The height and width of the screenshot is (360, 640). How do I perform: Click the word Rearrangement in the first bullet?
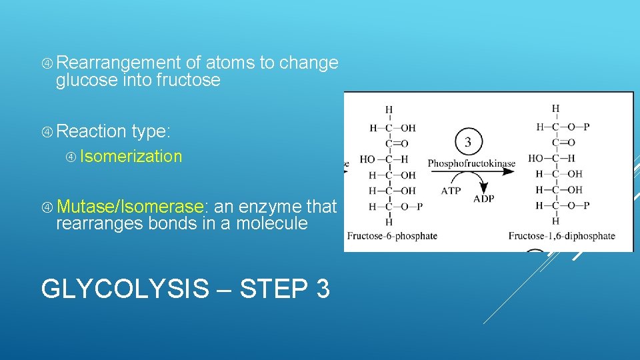click(x=119, y=63)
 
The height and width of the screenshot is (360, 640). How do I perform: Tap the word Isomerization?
click(x=131, y=157)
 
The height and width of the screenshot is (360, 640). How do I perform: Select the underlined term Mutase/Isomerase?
click(x=130, y=207)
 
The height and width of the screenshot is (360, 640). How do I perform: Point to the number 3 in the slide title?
click(x=321, y=289)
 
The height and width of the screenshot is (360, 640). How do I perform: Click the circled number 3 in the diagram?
click(x=467, y=142)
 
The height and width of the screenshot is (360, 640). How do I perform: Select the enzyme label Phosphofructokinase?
click(x=471, y=163)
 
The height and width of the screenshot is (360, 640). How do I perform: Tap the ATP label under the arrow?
click(x=451, y=191)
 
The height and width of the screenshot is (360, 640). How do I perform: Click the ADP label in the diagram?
click(x=483, y=199)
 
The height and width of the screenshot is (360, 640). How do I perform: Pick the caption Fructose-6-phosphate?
click(x=392, y=235)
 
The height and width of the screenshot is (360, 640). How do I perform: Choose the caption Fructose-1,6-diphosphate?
click(x=561, y=235)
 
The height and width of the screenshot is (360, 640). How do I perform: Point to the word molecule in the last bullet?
click(x=269, y=224)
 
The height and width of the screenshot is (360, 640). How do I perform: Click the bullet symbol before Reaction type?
click(x=47, y=132)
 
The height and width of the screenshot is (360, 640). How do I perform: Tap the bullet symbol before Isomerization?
click(x=71, y=157)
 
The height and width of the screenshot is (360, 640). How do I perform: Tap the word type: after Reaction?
click(x=151, y=132)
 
